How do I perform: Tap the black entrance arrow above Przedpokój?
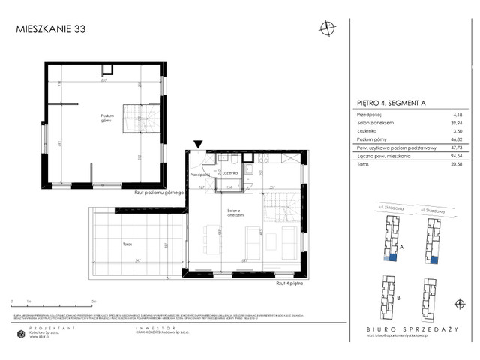[198, 144]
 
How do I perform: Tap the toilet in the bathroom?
[235, 160]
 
